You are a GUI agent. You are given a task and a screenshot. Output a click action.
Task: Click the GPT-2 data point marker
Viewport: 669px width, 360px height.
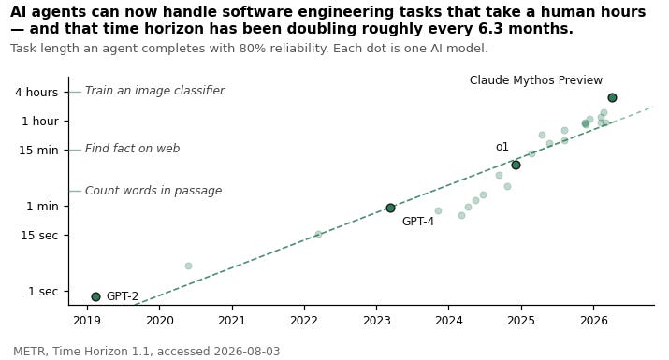click(x=95, y=296)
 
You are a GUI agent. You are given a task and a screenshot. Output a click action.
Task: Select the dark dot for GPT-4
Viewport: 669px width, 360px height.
click(x=390, y=208)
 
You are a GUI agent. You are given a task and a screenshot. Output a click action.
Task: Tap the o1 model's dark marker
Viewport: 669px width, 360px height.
click(x=516, y=165)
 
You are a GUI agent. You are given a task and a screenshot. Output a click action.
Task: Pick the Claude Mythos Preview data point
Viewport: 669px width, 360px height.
click(x=612, y=97)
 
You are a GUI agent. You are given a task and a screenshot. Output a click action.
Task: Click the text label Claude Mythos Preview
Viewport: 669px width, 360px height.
click(x=536, y=80)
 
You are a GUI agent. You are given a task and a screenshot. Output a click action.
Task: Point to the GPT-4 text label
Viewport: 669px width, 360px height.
click(x=418, y=222)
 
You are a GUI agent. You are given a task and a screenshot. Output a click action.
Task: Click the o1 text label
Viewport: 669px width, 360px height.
click(x=502, y=147)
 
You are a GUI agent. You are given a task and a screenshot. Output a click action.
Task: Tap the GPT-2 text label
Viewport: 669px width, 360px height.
click(x=123, y=296)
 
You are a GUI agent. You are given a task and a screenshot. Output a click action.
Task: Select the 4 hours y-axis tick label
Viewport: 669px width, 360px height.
click(x=36, y=93)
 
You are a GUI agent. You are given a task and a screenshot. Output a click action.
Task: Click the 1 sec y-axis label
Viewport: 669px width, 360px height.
click(x=43, y=292)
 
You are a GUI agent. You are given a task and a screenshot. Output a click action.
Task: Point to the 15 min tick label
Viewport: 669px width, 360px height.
click(x=38, y=151)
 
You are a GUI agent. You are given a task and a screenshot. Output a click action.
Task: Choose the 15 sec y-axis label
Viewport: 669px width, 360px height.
click(x=39, y=235)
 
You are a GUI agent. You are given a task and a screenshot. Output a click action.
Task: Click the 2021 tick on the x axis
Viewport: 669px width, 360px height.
click(x=232, y=321)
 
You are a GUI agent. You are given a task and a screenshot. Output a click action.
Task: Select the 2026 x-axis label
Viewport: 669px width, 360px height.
click(x=593, y=321)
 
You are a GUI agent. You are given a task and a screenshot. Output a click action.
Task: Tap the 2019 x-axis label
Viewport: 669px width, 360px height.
click(x=87, y=321)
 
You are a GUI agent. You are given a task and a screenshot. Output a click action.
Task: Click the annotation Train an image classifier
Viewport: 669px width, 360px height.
click(x=154, y=91)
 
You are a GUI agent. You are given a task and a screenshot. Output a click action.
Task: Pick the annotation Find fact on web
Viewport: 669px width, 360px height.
click(x=132, y=149)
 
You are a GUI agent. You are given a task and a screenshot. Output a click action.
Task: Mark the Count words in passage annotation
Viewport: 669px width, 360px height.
click(x=153, y=190)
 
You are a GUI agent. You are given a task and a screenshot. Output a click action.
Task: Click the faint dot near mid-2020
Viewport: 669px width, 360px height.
click(x=189, y=266)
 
